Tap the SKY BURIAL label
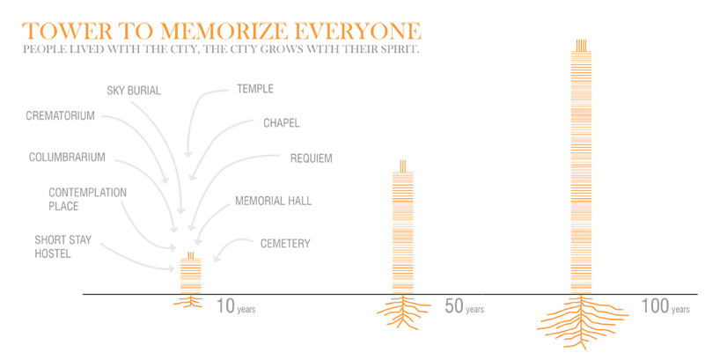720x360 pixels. (134, 90)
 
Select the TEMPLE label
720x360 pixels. (255, 89)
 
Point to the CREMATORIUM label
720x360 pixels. (60, 115)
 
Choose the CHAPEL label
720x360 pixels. (282, 122)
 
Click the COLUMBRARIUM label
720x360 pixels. (67, 158)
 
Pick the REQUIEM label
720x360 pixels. (311, 158)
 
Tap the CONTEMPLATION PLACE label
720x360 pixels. (75, 199)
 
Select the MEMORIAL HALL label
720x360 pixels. (273, 201)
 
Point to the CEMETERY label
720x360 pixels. (285, 243)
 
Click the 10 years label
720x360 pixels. (235, 307)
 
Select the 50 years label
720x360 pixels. (463, 307)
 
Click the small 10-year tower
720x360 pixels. (191, 275)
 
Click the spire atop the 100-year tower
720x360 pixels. (580, 46)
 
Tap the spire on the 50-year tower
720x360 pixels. (403, 165)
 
